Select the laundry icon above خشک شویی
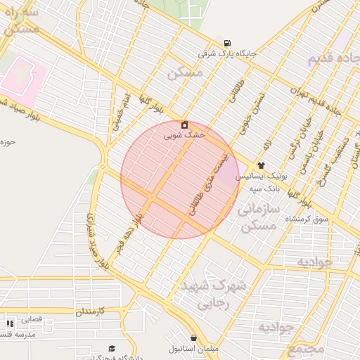pos(184,124)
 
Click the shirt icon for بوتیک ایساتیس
pos(262,165)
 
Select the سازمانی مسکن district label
pos(258,217)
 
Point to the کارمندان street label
pos(89,310)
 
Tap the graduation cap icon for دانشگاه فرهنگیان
pos(112,349)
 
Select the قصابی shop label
pos(32,319)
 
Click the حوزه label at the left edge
pos(8,142)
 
